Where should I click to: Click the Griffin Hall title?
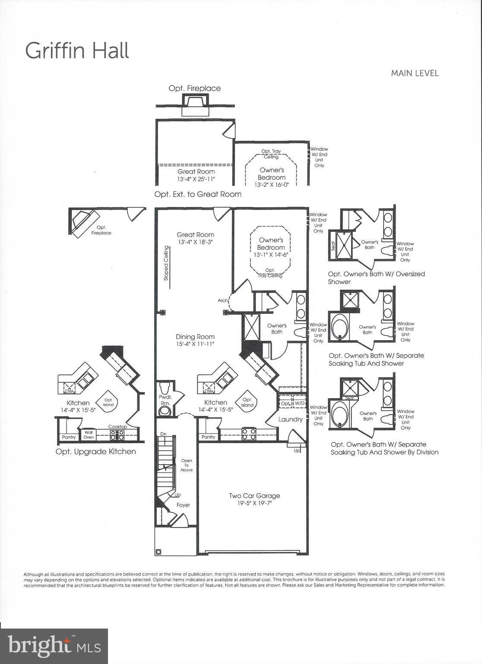tap(77, 51)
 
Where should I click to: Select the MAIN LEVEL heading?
tap(415, 73)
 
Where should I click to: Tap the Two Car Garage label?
tap(254, 496)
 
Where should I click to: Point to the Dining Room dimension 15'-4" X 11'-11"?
tap(195, 344)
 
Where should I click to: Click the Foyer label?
tap(183, 505)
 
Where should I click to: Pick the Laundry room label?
tap(290, 419)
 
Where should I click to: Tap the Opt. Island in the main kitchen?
tap(247, 402)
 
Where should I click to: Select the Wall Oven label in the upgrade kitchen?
tap(89, 434)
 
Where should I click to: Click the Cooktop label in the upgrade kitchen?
tap(117, 427)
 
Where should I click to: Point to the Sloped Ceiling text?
tap(166, 263)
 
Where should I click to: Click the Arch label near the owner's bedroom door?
tap(222, 300)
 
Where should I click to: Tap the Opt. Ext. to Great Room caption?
tap(198, 195)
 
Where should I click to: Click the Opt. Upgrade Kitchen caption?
tap(95, 452)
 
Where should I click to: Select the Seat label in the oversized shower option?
tap(333, 246)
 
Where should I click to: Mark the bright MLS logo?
tap(54, 646)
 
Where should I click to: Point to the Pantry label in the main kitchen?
tap(208, 437)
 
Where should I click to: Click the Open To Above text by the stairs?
tap(187, 465)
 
